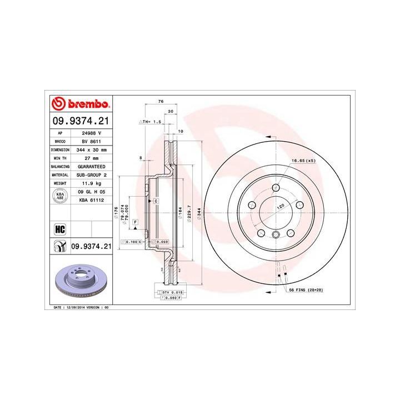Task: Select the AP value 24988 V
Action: [x=91, y=133]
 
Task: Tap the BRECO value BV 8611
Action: [x=91, y=142]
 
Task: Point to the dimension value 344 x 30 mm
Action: [x=91, y=150]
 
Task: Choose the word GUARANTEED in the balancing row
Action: [x=91, y=166]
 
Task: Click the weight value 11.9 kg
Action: [x=91, y=182]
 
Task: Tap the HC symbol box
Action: [x=60, y=228]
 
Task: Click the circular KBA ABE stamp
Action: [x=59, y=195]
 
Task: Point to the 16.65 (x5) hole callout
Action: [x=303, y=161]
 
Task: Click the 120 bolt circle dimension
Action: [x=281, y=206]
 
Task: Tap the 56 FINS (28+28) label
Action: [x=306, y=290]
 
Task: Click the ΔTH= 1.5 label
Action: [x=150, y=121]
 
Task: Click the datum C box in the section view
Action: [x=156, y=200]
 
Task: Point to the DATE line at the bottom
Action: [x=81, y=307]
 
